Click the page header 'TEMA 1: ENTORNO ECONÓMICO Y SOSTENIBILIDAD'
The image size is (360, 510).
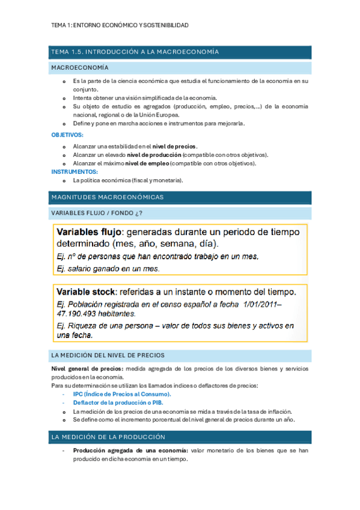point(120,25)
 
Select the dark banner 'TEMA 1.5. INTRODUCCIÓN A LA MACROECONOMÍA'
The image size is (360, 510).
point(135,52)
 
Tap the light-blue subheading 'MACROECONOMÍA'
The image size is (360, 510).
point(80,68)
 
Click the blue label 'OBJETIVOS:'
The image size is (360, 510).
point(67,135)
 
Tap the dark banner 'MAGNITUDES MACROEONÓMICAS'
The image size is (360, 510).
point(108,197)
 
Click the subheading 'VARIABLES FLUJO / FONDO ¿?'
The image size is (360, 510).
point(97,214)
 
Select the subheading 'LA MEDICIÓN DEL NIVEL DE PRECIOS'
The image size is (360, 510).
point(108,355)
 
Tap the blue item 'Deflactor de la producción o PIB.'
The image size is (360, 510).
point(118,402)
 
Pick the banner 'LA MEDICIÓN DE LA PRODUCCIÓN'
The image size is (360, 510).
point(108,437)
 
